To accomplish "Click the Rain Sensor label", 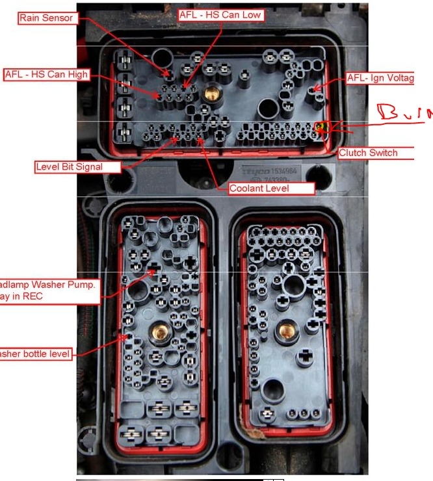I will (x=46, y=18).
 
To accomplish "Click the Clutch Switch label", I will (x=376, y=153).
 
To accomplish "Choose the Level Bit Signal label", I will (x=68, y=167).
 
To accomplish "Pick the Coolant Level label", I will (x=271, y=188).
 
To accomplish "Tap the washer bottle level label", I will (x=35, y=354).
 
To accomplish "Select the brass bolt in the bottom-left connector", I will (x=159, y=333).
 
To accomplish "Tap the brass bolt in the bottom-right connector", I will (x=284, y=331).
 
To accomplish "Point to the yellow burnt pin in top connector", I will (x=321, y=126).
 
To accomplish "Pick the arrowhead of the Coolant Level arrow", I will (x=198, y=138).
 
